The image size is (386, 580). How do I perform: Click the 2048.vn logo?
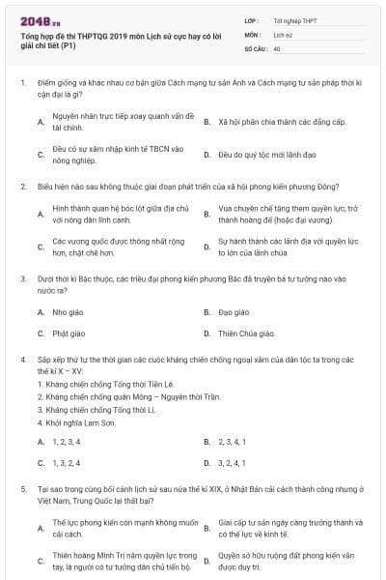(x=41, y=18)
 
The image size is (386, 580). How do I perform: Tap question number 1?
(x=22, y=83)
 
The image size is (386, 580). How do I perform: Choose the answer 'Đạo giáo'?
(x=234, y=312)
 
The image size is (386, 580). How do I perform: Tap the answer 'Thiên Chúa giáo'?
(x=246, y=333)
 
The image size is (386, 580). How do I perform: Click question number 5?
(x=22, y=489)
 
